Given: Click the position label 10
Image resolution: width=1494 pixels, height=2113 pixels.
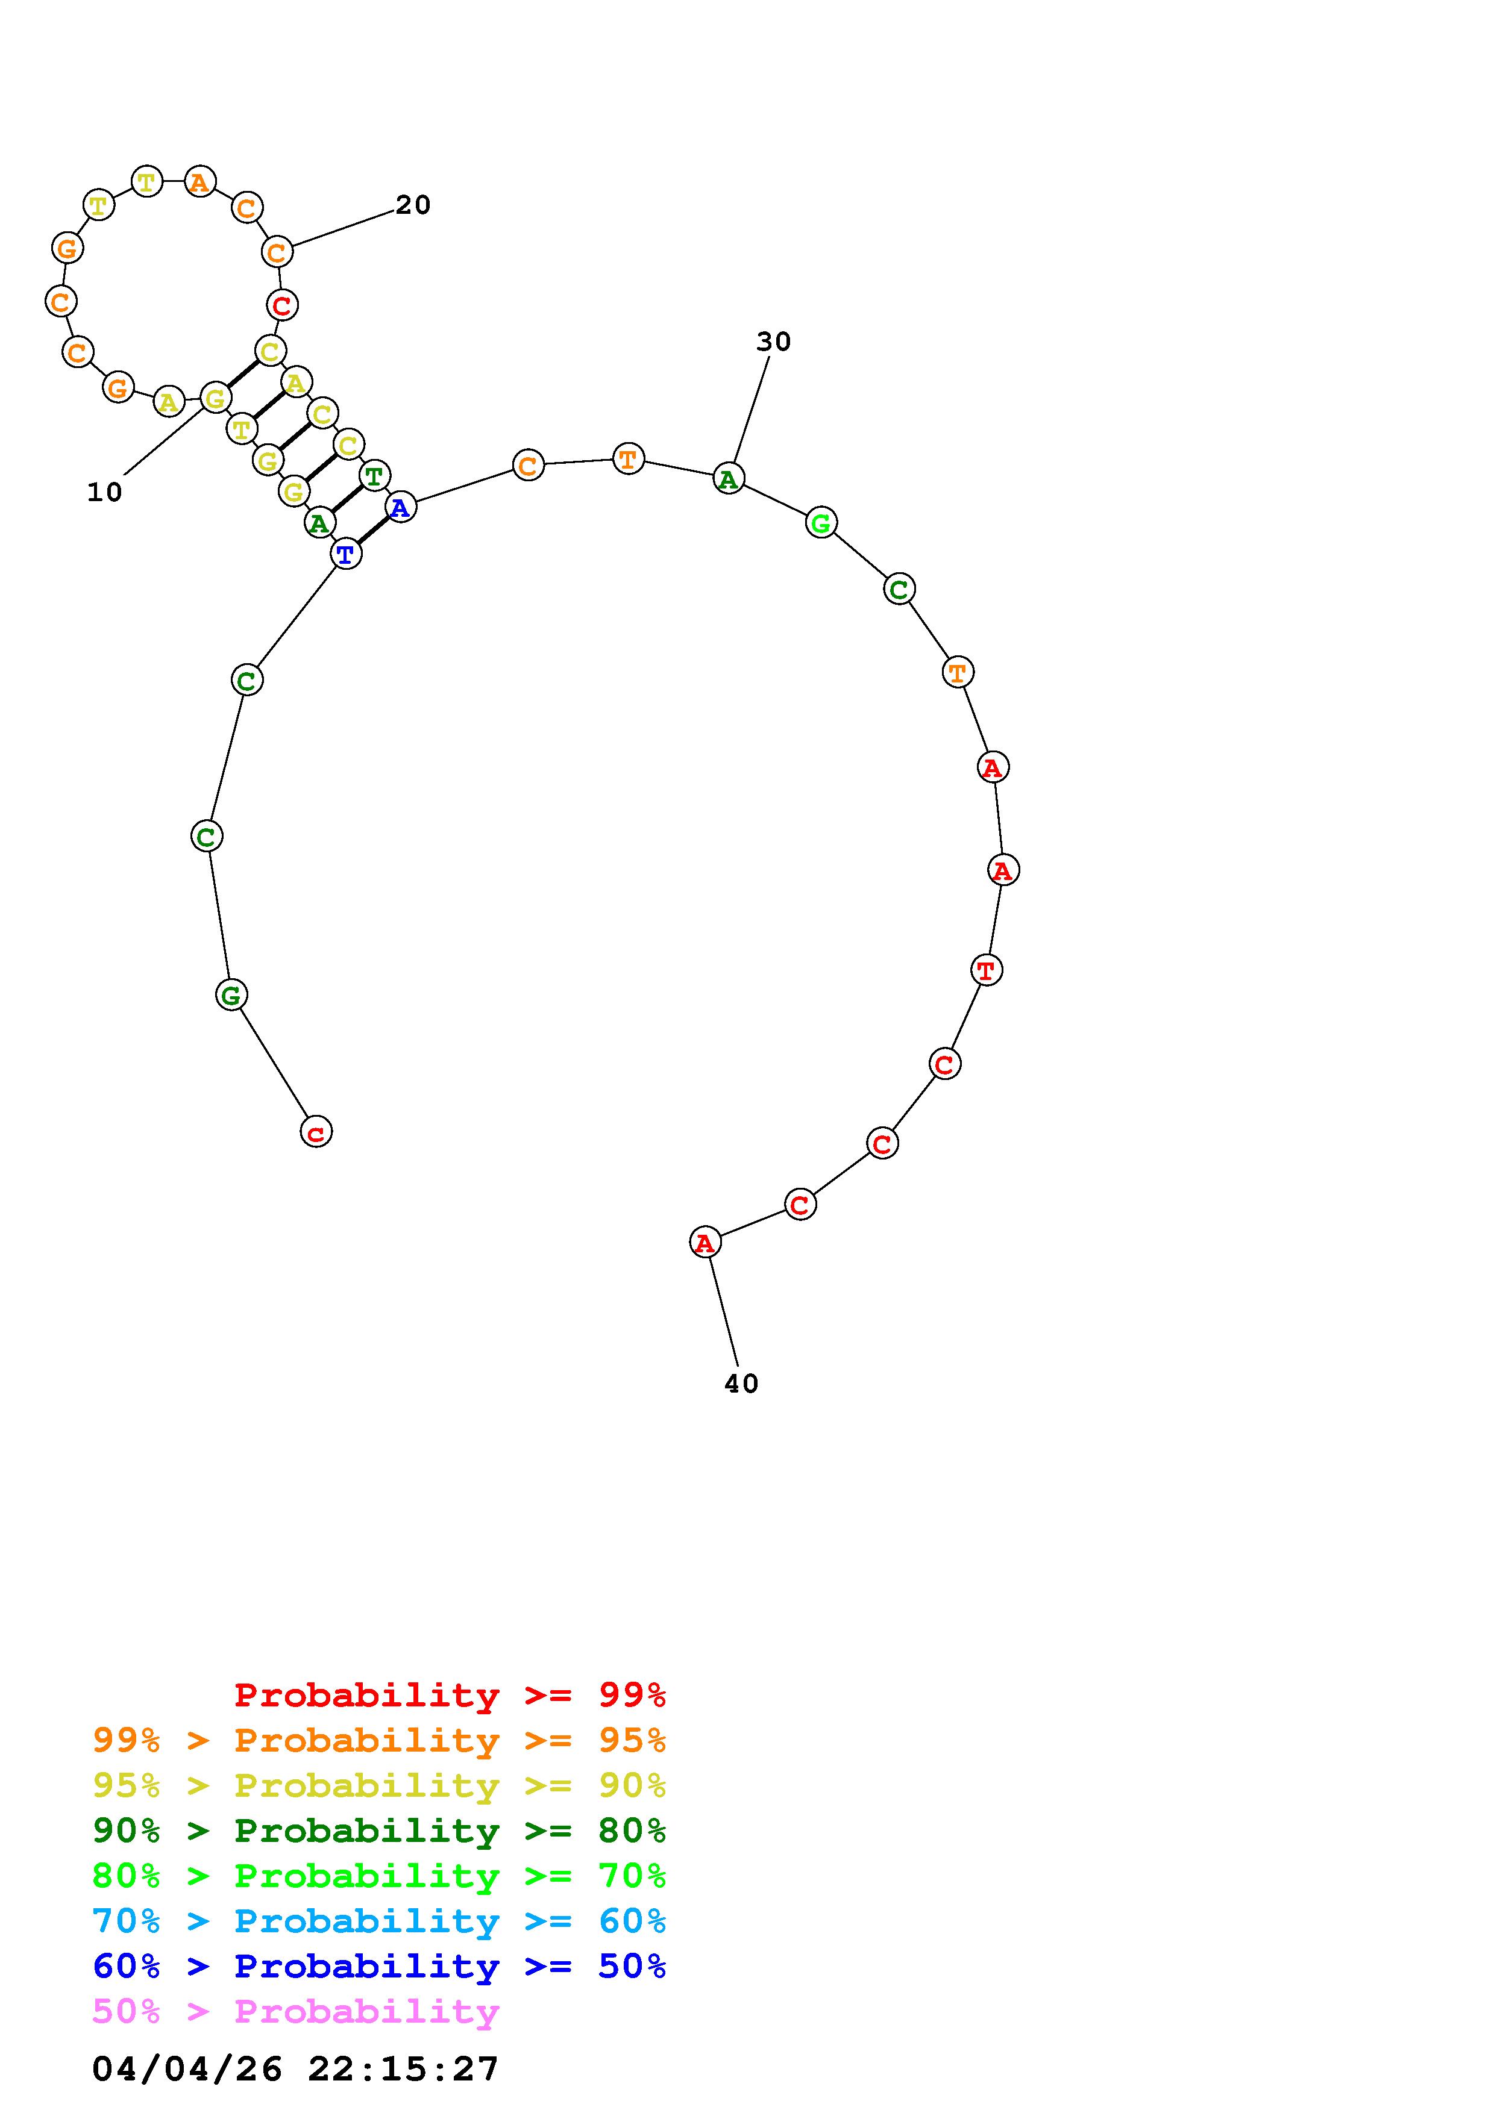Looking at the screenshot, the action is pos(105,492).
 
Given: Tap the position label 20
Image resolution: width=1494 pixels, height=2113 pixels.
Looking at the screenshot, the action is pos(413,205).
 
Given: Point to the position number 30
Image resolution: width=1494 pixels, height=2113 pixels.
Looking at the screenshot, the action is pos(773,342).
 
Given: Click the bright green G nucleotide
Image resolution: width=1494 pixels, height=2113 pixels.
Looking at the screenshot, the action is pos(821,523).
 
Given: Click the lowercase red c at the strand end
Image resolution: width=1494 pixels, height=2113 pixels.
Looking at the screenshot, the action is pos(316,1131).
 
